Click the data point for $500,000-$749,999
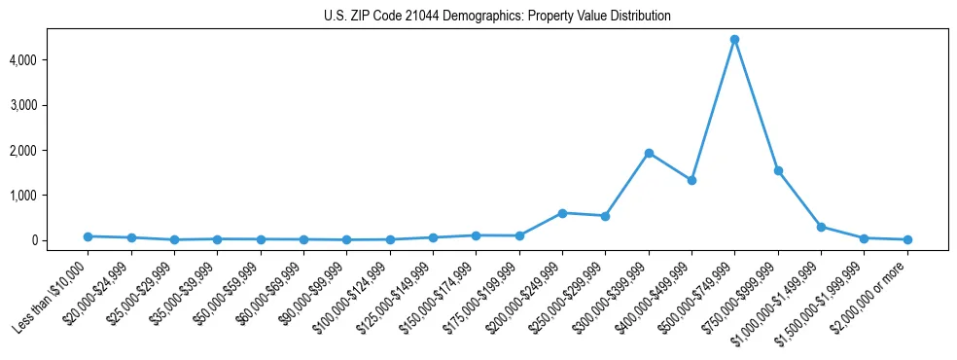734,40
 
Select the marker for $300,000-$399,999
649,153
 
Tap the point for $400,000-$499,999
691,180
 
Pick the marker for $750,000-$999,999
778,170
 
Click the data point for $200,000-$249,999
562,212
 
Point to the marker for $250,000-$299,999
605,216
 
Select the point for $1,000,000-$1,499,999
821,227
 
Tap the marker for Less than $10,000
88,236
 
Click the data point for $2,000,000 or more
907,239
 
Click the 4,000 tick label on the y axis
49,60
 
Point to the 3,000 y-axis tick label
49,105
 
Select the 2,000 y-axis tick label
49,151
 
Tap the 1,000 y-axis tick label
49,196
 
